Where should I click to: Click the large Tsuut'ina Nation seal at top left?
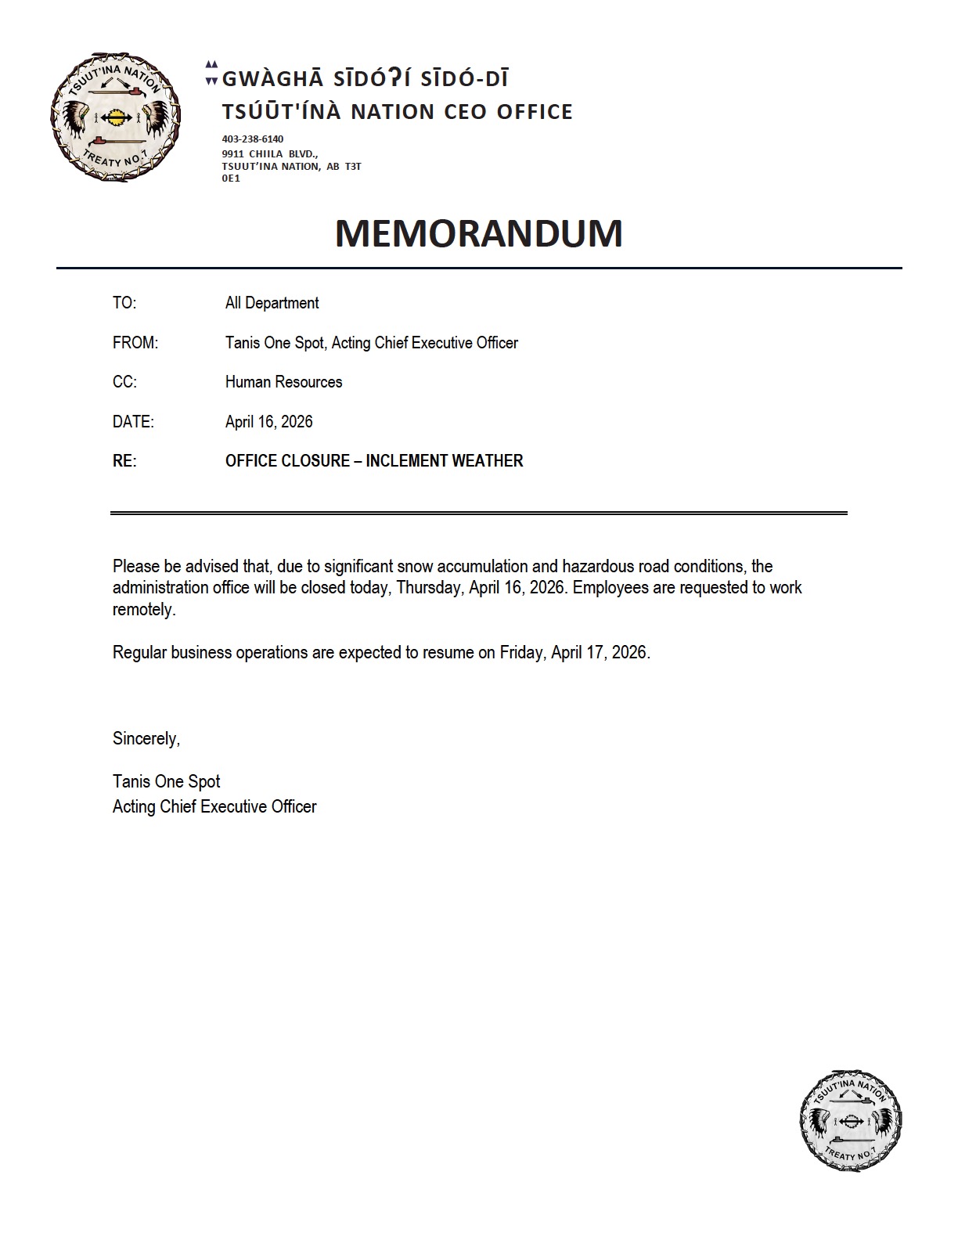pos(116,117)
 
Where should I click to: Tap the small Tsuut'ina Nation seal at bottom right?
pos(851,1121)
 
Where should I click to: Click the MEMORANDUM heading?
pos(478,233)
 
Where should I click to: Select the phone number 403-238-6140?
pos(253,139)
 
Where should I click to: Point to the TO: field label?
pos(124,303)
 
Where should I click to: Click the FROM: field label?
pos(135,343)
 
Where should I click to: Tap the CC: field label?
pos(124,382)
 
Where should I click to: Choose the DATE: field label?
pos(133,422)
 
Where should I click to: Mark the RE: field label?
pos(124,461)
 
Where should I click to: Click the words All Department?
pos(272,303)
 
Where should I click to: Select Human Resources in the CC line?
pos(283,382)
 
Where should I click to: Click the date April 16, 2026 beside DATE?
pos(268,422)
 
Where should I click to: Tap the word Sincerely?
pos(146,738)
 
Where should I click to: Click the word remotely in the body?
pos(143,610)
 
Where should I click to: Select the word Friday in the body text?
pos(520,652)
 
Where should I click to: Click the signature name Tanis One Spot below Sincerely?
pos(166,781)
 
